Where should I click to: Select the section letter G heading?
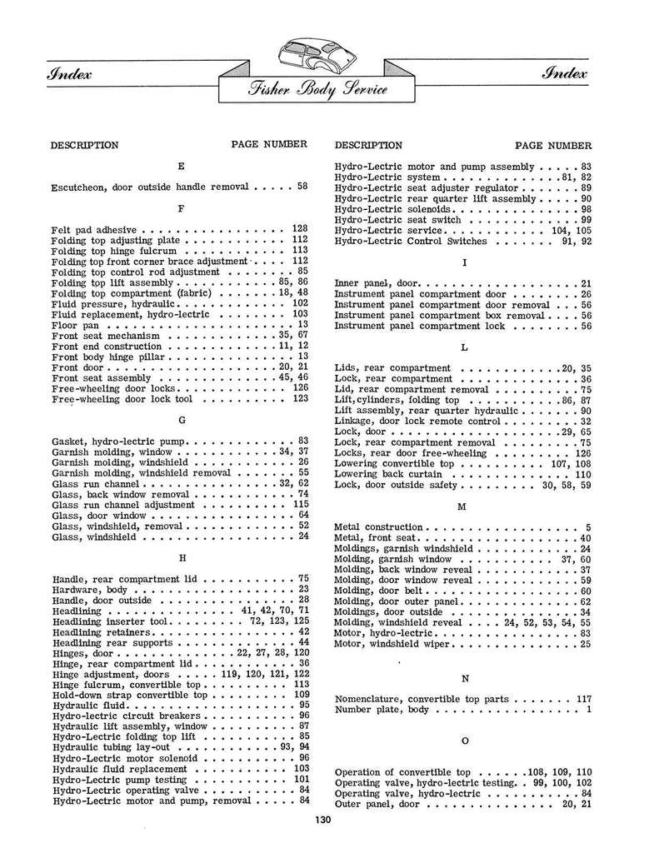182,422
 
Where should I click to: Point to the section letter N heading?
463,678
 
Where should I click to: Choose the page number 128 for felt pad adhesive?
300,228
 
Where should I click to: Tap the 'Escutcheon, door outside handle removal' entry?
152,186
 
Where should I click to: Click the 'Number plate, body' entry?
381,710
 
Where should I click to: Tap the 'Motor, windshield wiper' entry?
392,644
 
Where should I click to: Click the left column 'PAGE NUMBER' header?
269,144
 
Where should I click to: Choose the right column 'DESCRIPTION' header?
367,145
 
